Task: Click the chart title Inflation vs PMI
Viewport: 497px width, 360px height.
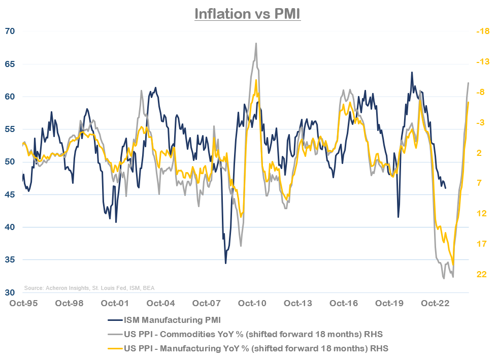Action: pyautogui.click(x=248, y=14)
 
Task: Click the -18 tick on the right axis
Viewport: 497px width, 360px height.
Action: pyautogui.click(x=482, y=31)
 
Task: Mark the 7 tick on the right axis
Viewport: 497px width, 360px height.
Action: pyautogui.click(x=479, y=183)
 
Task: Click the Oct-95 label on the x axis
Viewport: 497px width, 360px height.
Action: pyautogui.click(x=24, y=304)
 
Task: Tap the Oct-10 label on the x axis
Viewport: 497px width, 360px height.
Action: pyautogui.click(x=252, y=304)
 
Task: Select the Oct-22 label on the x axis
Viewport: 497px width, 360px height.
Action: pyautogui.click(x=435, y=304)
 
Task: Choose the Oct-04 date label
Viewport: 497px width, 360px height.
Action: pyautogui.click(x=161, y=304)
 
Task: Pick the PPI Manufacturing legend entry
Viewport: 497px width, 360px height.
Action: pyautogui.click(x=251, y=348)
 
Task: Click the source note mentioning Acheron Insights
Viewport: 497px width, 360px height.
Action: pyautogui.click(x=89, y=288)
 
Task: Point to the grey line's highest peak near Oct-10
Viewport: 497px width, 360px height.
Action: pyautogui.click(x=256, y=43)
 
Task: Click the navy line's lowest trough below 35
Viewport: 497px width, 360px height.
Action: pyautogui.click(x=225, y=263)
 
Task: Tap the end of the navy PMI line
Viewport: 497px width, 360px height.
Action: pyautogui.click(x=446, y=188)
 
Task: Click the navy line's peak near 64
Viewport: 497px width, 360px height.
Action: pyautogui.click(x=412, y=72)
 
